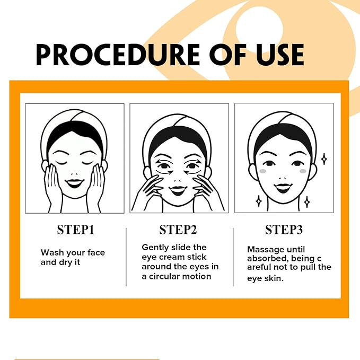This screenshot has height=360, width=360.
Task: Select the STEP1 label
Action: (75, 230)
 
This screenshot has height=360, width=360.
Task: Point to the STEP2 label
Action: (178, 230)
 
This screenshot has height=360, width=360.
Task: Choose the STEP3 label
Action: (284, 230)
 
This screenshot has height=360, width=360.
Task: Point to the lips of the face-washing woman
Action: (74, 183)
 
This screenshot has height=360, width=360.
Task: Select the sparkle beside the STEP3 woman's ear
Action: (324, 158)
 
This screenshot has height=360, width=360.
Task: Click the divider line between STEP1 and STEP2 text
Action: (127, 257)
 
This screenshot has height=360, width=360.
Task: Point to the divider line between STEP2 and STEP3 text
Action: (233, 257)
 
